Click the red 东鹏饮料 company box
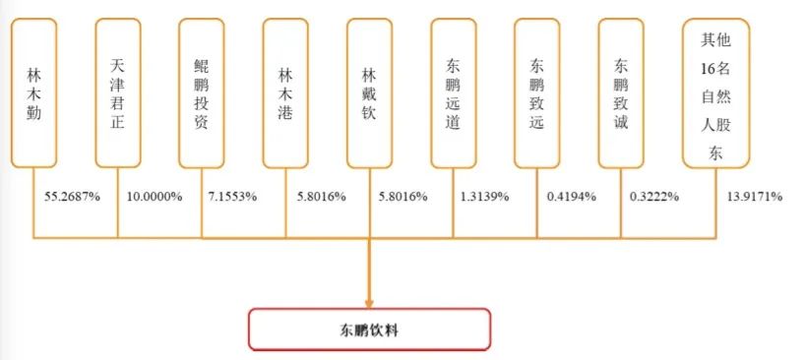click(x=369, y=330)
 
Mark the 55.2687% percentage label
click(x=72, y=197)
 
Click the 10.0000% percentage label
click(x=155, y=197)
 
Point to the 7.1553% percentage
click(x=234, y=197)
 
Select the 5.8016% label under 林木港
click(x=321, y=197)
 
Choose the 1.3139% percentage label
click(x=484, y=197)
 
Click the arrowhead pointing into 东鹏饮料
click(x=370, y=300)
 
